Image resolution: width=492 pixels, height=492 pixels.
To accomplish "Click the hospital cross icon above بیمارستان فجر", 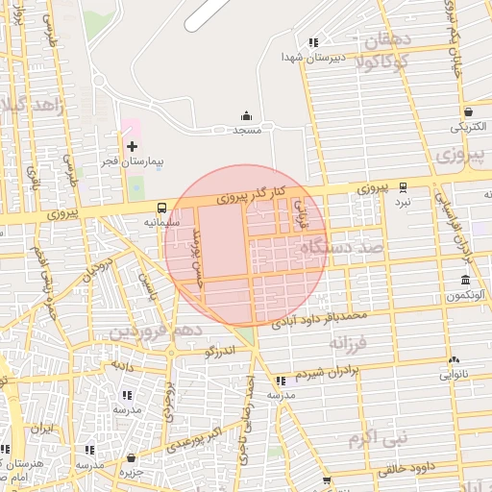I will [132, 146].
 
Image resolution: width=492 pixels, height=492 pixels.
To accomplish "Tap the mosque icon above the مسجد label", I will [247, 114].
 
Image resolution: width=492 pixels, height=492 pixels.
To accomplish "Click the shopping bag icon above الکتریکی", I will [467, 111].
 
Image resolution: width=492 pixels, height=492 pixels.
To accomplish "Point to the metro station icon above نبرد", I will [403, 187].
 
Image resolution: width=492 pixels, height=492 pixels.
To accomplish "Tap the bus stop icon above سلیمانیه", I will [160, 207].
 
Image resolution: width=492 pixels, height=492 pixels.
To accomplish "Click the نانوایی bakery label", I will [454, 376].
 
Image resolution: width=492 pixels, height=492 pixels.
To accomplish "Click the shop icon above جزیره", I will [130, 457].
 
